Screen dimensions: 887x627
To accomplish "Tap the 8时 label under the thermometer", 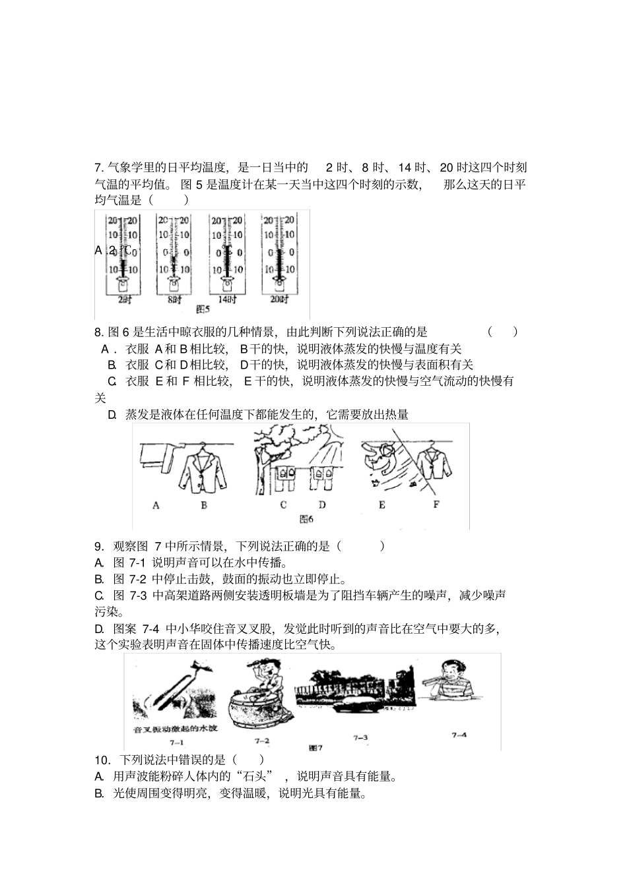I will pos(175,300).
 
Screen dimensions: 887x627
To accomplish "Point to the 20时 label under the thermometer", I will pos(280,300).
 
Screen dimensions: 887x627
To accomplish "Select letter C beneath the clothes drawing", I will pos(284,505).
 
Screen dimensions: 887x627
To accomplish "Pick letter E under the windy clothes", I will pos(382,505).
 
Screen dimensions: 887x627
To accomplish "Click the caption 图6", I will pos(306,519).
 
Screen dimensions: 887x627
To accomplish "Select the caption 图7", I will pos(315,748).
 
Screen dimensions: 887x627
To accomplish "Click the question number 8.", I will pos(98,332).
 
